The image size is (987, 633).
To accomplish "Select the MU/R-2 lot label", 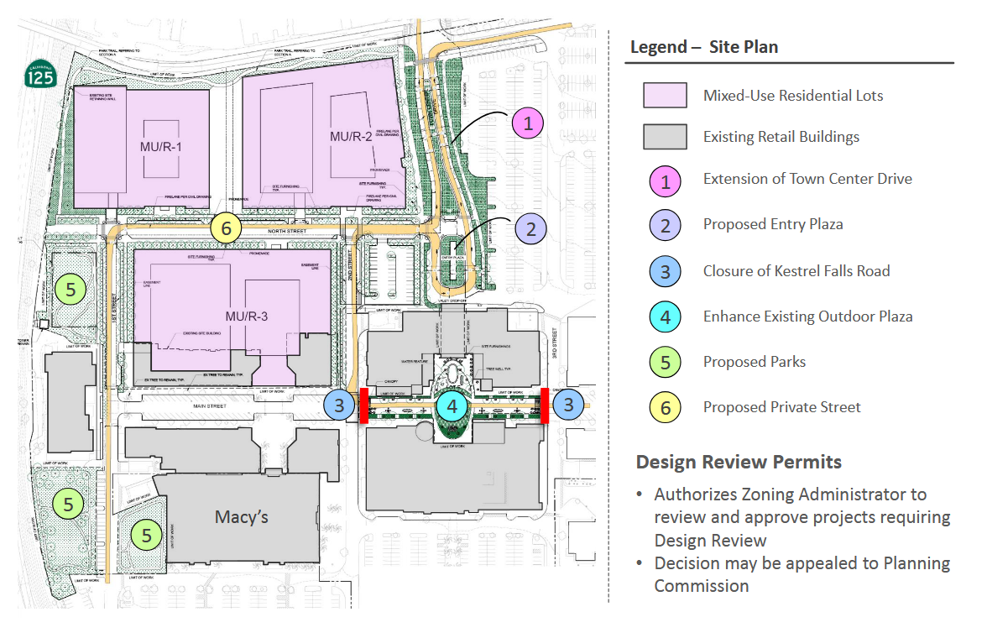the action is click(350, 136).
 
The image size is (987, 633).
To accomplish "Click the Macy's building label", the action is click(242, 516).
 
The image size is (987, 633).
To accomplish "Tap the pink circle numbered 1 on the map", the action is click(528, 124).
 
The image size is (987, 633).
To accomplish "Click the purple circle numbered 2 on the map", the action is click(530, 228).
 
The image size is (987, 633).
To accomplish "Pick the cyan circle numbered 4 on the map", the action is click(452, 407).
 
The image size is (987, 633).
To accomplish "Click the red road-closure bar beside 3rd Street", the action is click(545, 405).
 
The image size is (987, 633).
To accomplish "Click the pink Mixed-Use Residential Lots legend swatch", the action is click(665, 95).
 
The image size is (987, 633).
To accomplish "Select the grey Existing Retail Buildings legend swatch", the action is click(665, 137).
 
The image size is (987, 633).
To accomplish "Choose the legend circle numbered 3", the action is click(665, 271).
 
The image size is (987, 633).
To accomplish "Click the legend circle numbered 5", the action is click(665, 363).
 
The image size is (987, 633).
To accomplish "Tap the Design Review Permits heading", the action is click(739, 462).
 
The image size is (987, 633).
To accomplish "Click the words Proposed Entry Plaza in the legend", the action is click(773, 224).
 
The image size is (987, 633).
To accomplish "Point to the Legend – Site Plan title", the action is click(704, 47).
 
